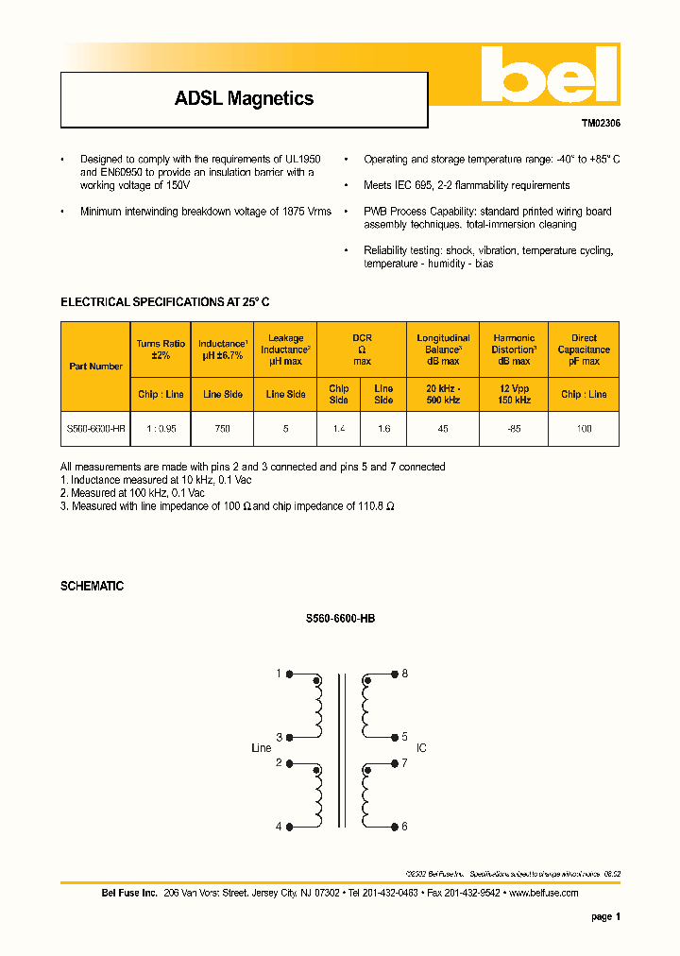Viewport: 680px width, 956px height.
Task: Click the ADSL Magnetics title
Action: point(244,98)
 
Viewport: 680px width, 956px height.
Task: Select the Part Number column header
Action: point(95,366)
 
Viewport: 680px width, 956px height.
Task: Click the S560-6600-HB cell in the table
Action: point(95,428)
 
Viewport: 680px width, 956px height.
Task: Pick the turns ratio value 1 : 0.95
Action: point(161,428)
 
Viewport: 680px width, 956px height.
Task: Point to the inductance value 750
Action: point(222,428)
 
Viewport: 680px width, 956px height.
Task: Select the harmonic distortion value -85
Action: point(514,428)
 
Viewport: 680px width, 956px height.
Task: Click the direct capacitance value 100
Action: point(584,428)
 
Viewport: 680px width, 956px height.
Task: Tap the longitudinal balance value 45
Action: point(442,428)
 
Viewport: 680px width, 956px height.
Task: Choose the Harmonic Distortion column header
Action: point(514,349)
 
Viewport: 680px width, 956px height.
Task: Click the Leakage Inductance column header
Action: point(285,349)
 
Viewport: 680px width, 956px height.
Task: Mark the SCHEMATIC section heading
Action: point(92,586)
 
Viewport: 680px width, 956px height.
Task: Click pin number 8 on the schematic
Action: point(404,674)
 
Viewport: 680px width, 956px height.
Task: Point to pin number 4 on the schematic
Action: point(279,827)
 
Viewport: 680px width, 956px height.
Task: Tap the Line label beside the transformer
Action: point(261,748)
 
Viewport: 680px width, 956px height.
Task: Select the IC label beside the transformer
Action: point(421,748)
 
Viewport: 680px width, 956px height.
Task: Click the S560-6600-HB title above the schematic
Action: point(340,619)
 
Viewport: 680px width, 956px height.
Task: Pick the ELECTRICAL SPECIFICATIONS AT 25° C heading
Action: point(165,302)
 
